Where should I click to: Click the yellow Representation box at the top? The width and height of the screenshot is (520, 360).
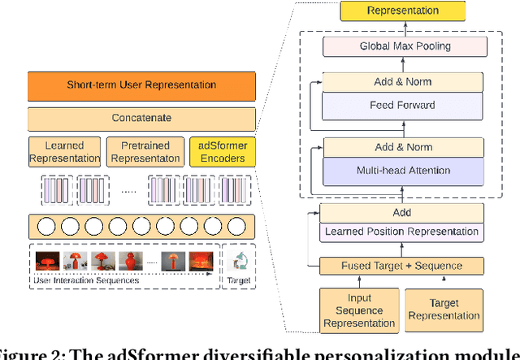[403, 11]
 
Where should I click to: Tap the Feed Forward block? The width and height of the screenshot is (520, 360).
[403, 105]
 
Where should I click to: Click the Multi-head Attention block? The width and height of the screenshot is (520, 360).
[403, 171]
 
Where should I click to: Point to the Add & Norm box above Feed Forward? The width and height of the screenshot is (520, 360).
[403, 82]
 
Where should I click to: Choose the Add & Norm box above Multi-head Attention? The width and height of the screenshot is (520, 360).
[403, 148]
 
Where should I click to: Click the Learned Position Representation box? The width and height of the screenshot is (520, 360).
[401, 232]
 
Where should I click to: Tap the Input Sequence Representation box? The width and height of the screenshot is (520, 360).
[358, 310]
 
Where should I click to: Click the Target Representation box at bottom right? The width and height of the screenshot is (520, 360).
[443, 310]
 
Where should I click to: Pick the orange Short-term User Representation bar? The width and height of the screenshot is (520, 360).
[141, 85]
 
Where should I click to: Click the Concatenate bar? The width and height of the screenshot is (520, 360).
[141, 118]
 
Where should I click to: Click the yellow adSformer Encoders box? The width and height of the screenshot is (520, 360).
[222, 152]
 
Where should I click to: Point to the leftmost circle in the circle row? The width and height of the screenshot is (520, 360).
[42, 225]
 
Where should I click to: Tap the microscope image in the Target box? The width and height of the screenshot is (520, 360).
[239, 261]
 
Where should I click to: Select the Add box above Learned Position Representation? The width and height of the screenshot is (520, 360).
[401, 213]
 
